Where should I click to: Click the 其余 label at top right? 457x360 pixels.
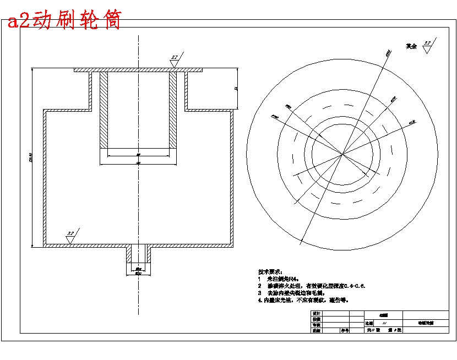click(411, 47)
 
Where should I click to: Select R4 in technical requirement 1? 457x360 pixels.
click(298, 279)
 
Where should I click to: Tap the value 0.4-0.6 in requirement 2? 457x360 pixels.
click(354, 286)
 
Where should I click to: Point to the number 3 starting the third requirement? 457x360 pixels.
click(260, 293)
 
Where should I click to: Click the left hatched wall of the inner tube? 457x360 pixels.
click(104, 110)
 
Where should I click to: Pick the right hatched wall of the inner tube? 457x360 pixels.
click(173, 110)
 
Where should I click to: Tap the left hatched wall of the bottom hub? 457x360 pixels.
click(129, 254)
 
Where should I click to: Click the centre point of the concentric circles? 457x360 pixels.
click(342, 154)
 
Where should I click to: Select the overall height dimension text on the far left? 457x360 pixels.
click(31, 160)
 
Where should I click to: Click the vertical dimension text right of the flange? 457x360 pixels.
click(236, 88)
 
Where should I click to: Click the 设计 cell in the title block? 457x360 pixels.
click(316, 313)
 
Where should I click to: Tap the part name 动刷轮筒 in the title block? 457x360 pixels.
click(425, 324)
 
